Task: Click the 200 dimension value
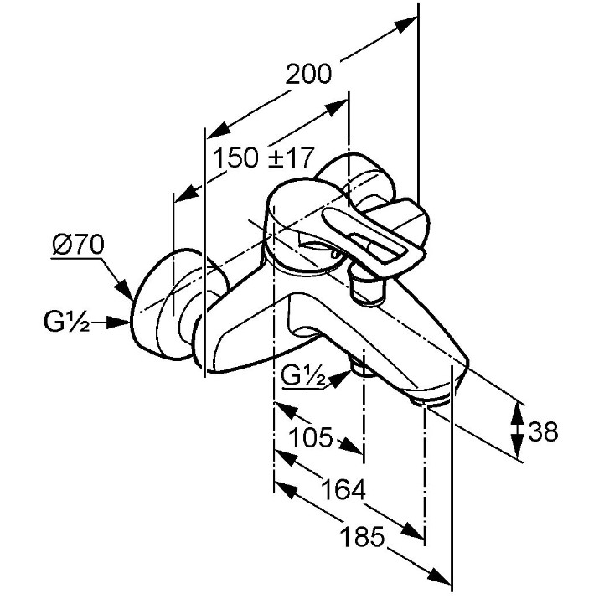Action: [308, 74]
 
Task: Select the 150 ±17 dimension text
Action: [264, 157]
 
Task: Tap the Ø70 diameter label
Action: [78, 245]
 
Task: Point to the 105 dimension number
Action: [310, 437]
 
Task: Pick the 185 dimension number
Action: [362, 537]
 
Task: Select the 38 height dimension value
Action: [543, 431]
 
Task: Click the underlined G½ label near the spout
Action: [304, 377]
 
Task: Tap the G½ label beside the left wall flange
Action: [67, 322]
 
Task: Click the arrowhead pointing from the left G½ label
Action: [117, 323]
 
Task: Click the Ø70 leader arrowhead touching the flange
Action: [125, 290]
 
